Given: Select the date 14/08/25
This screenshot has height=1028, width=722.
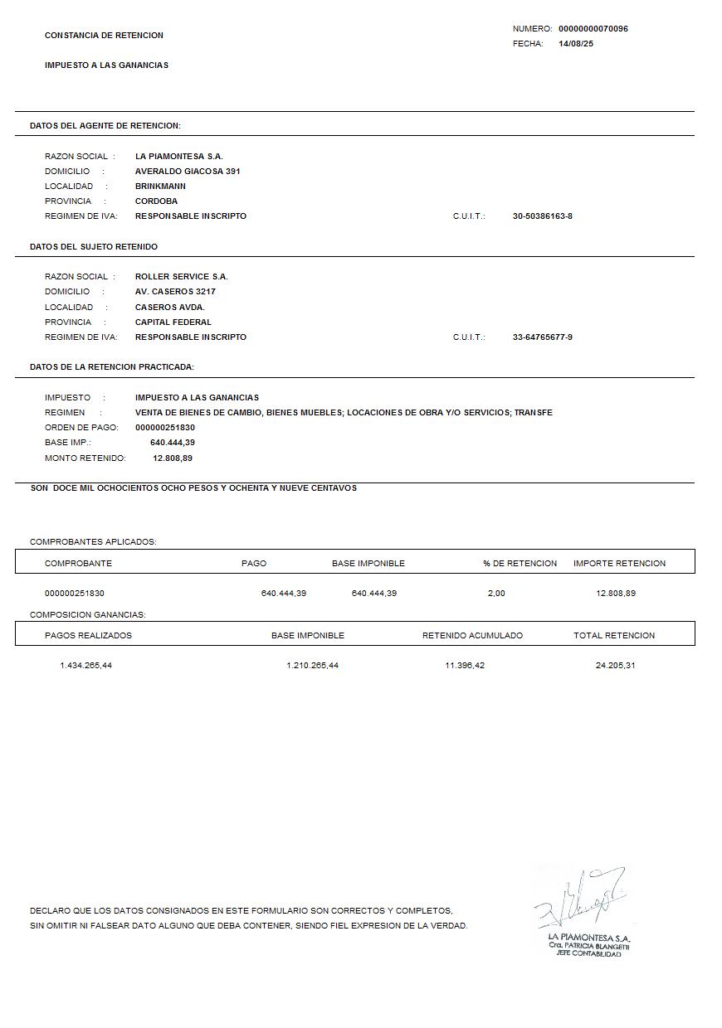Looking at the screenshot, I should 576,44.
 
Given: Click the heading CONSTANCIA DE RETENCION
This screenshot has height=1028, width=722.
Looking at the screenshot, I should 104,36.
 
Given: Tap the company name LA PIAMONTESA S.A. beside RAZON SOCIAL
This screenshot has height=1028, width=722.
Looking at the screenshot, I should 179,157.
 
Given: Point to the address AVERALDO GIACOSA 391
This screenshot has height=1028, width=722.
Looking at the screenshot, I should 188,172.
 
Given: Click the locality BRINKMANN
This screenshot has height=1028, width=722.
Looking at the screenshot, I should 160,187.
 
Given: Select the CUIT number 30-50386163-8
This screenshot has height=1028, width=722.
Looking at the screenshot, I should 543,216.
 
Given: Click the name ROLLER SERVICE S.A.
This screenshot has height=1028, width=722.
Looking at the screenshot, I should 181,277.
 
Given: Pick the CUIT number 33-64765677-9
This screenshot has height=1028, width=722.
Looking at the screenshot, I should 543,337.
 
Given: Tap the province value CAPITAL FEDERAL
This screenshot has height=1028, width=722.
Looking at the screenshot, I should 173,322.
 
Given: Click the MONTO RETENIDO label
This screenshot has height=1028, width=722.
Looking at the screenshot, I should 85,458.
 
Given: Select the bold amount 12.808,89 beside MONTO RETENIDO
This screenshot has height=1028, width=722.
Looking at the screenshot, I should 173,458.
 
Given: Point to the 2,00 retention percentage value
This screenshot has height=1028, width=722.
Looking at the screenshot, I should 496,594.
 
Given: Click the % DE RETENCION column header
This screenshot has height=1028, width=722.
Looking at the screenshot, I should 520,564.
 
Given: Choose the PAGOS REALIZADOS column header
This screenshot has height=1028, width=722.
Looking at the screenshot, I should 88,636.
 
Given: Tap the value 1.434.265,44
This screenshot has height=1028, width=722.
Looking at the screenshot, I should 85,666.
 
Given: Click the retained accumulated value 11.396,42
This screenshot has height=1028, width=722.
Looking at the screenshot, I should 465,666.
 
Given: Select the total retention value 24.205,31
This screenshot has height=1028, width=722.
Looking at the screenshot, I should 615,666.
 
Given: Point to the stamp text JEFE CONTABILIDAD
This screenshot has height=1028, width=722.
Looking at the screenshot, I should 588,954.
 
